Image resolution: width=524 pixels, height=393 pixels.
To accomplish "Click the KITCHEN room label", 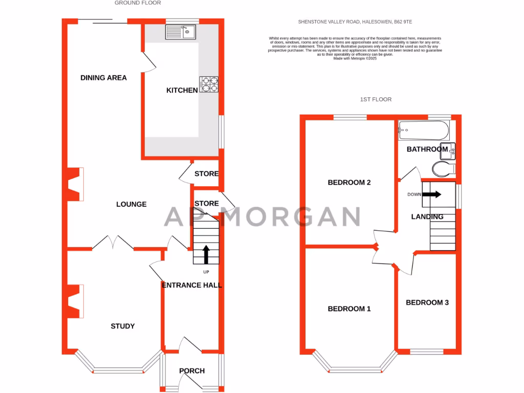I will (182, 91).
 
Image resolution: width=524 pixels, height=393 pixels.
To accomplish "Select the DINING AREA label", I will (103, 78).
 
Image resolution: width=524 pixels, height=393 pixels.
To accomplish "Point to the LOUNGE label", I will (131, 204).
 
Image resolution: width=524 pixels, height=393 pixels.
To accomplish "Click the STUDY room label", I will (123, 326).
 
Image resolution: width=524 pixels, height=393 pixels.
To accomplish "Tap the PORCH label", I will (192, 371).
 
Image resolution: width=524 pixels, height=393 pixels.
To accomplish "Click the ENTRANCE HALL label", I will (192, 285).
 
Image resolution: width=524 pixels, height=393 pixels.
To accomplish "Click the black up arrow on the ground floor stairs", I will (206, 254).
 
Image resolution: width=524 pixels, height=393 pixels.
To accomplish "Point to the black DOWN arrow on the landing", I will (432, 194).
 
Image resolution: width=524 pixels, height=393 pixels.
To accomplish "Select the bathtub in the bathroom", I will (424, 131).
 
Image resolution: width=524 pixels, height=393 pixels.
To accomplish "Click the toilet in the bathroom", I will (443, 168).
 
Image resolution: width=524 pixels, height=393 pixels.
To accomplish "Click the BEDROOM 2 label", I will (349, 183).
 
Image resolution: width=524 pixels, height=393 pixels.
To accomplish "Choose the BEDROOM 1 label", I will (349, 309).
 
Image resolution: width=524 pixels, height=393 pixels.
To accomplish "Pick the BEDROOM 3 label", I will (427, 302).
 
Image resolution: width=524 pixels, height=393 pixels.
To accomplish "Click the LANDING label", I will (427, 216).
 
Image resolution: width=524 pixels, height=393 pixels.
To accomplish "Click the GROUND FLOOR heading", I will (138, 3).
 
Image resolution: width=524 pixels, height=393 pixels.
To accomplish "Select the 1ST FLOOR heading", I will (376, 99).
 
